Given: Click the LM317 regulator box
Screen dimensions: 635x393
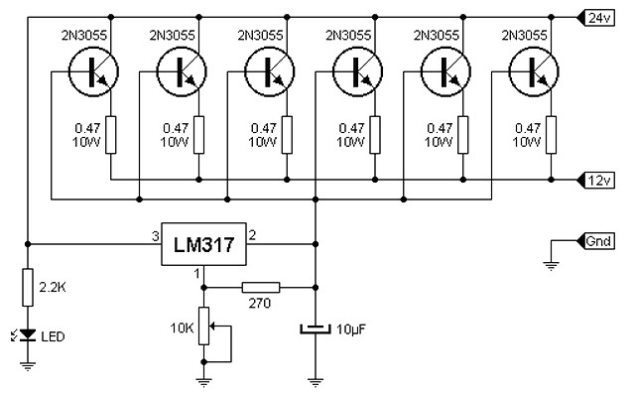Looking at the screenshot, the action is [203, 244].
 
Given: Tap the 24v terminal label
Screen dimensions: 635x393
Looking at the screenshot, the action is [596, 18].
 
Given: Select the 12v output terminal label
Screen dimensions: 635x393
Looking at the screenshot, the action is [596, 180].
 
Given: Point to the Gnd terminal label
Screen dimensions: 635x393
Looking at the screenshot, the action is [596, 241].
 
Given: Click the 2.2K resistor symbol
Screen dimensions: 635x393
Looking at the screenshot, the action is [28, 287].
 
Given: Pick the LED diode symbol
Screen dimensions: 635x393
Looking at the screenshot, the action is [28, 334].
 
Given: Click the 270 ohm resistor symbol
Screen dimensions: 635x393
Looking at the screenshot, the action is [261, 288].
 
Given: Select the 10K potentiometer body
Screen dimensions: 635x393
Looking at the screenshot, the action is [203, 327].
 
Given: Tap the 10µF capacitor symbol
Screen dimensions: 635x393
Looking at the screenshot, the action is [316, 328].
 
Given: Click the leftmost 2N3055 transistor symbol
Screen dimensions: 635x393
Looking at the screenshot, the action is [93, 71].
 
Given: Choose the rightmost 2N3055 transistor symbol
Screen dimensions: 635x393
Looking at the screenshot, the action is [534, 71].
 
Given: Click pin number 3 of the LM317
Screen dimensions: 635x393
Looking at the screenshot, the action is [155, 236].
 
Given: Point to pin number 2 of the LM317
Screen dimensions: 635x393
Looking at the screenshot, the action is [252, 235].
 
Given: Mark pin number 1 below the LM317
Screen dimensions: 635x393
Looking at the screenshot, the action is [197, 274].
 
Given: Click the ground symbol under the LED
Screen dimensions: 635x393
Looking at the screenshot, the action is [28, 366].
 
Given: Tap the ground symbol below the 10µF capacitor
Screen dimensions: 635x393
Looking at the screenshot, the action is [316, 382].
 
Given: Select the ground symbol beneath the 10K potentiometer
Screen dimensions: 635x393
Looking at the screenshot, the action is [203, 382].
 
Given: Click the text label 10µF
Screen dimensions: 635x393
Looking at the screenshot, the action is [350, 329].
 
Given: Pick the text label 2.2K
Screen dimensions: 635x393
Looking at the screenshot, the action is [53, 287].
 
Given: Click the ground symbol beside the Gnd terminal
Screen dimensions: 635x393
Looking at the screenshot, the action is [551, 266].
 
